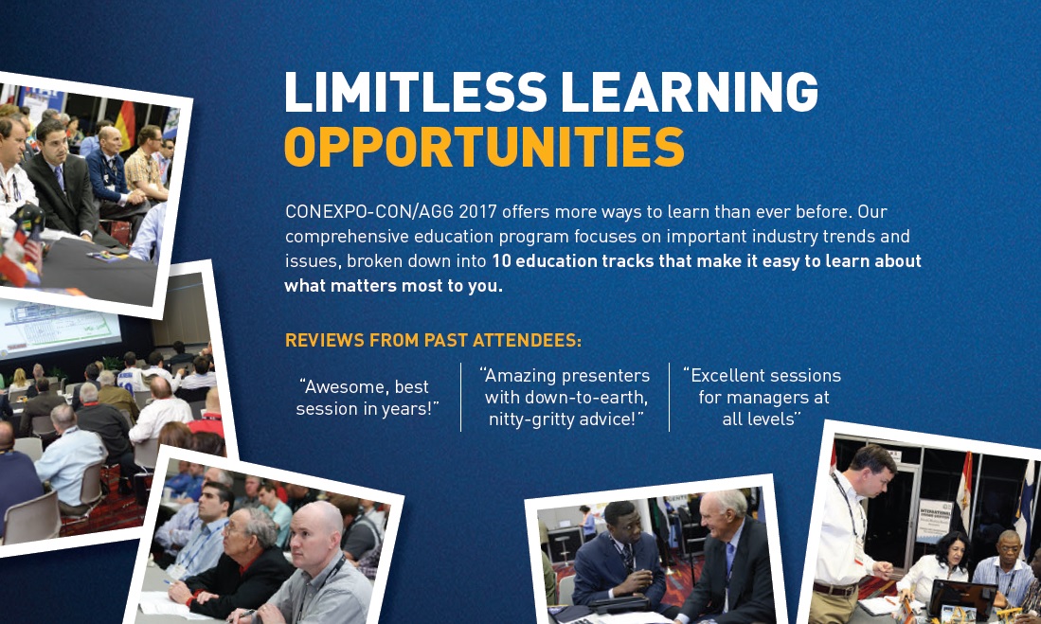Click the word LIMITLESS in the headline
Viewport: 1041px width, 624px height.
tap(416, 92)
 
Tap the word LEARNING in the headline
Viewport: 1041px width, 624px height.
tap(690, 92)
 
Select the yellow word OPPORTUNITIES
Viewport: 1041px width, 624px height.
tap(484, 147)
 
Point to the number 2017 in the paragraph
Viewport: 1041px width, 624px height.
tap(478, 212)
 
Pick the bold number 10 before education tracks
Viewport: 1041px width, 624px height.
tap(501, 261)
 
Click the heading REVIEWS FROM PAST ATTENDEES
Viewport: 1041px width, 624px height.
tap(433, 341)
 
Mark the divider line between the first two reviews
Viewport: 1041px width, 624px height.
tap(460, 397)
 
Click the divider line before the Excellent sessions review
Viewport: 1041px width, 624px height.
tap(669, 397)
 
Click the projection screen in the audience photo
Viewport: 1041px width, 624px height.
tap(59, 327)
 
